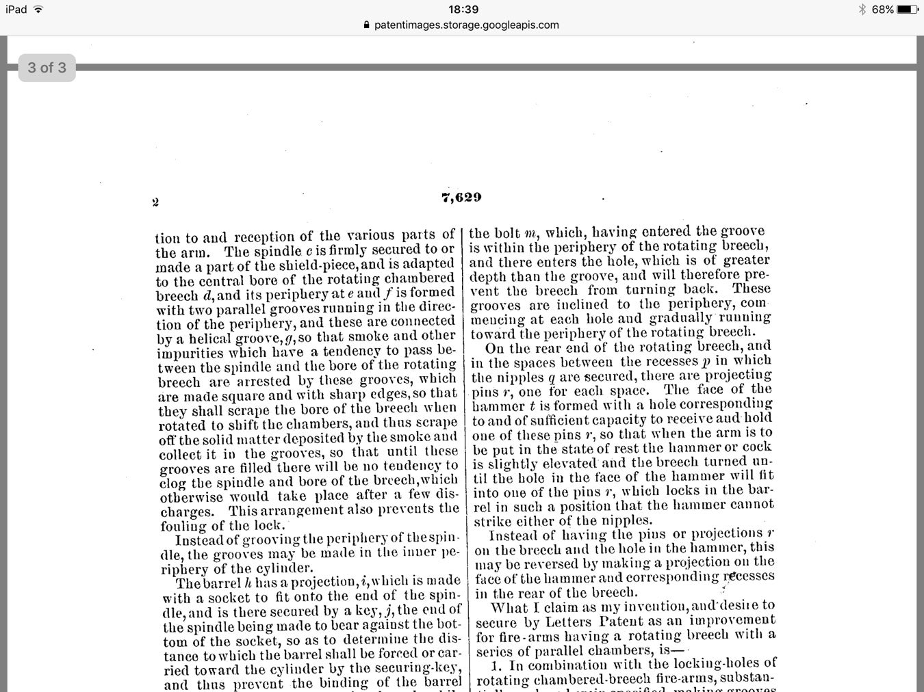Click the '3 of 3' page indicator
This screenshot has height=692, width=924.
[x=47, y=68]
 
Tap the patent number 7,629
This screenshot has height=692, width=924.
[x=461, y=197]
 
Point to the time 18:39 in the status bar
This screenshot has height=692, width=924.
[x=463, y=10]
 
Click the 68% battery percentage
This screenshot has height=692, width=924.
[x=882, y=10]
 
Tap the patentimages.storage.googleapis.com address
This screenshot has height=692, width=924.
[x=466, y=25]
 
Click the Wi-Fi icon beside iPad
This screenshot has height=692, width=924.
[x=38, y=10]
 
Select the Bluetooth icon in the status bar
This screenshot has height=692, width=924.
[x=862, y=10]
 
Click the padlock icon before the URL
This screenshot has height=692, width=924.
[x=367, y=25]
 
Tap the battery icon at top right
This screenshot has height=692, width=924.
[x=907, y=10]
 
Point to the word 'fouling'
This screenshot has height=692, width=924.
[x=183, y=525]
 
